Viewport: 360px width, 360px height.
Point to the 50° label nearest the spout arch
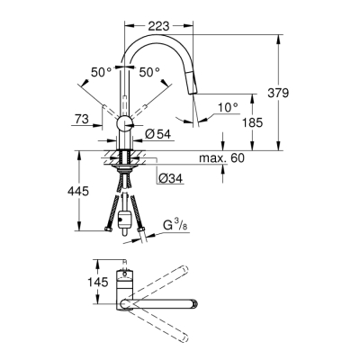click(x=149, y=71)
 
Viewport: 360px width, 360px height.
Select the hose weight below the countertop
click(x=127, y=216)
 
